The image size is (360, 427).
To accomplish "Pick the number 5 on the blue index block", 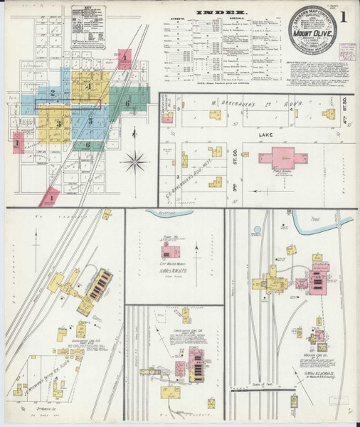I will click(x=90, y=122).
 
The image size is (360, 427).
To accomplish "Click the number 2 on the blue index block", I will click(x=52, y=93).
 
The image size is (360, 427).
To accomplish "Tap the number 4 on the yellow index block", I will click(x=88, y=87).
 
